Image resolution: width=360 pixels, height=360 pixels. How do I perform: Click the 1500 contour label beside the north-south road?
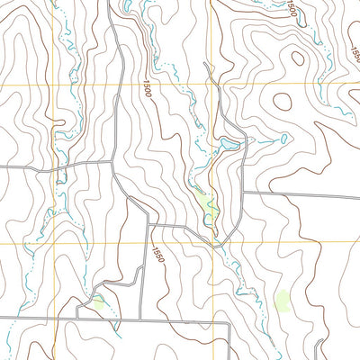tap(147, 89)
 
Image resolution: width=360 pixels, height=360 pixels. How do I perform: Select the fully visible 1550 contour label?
tap(157, 256)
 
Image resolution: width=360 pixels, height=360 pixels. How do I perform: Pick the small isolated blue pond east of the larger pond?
tap(283, 139)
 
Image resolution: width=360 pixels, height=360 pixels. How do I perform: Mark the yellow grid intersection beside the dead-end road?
tap(212, 84)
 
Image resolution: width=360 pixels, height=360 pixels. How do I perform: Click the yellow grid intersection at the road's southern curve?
tap(213, 242)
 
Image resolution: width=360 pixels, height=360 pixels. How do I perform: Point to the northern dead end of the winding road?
tap(206, 63)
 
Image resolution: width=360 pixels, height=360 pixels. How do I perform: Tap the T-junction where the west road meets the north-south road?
tap(112, 163)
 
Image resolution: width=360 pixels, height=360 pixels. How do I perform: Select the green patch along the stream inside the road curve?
tap(211, 211)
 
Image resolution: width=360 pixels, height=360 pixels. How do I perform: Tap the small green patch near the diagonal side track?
tap(97, 302)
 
